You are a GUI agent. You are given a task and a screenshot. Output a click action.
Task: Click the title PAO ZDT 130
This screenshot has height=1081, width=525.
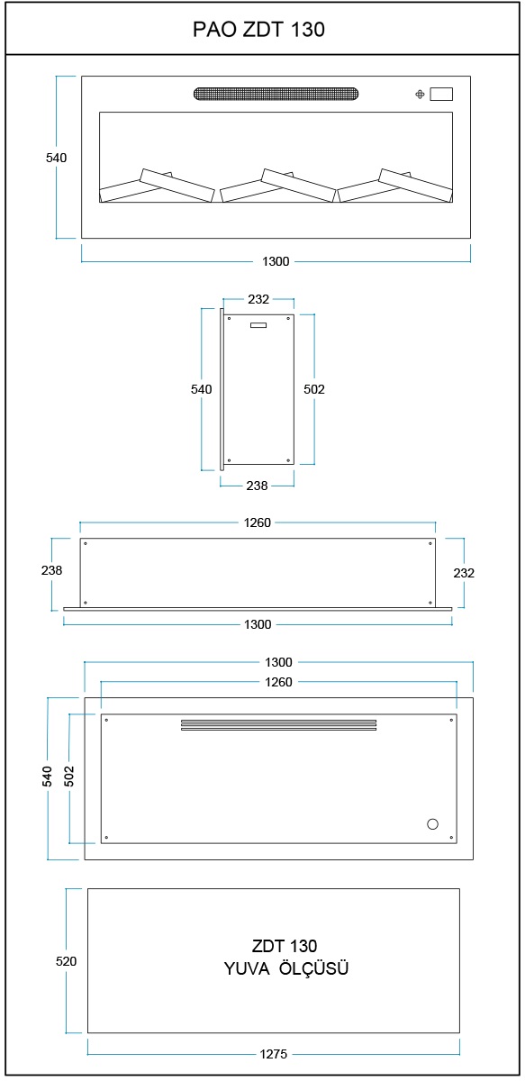click(x=258, y=30)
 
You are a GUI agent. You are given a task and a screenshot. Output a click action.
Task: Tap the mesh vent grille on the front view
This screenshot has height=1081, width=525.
click(x=276, y=93)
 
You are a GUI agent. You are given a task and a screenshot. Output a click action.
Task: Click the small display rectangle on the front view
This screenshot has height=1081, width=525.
click(x=441, y=94)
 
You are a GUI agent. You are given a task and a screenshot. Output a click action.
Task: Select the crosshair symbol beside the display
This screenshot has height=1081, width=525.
click(x=420, y=95)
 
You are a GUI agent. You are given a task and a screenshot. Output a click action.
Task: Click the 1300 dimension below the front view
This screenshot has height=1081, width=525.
click(x=276, y=261)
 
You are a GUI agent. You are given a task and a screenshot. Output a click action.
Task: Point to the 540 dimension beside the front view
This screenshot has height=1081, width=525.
click(x=56, y=158)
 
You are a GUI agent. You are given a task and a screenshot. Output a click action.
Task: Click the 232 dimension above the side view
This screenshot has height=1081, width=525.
click(x=258, y=299)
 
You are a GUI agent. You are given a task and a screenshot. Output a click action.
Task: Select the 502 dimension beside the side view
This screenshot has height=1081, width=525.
click(x=314, y=389)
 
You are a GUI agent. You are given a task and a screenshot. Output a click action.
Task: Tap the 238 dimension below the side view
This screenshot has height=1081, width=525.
click(x=257, y=486)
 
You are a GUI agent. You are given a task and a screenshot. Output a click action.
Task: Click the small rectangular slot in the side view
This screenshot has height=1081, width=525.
click(x=258, y=325)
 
